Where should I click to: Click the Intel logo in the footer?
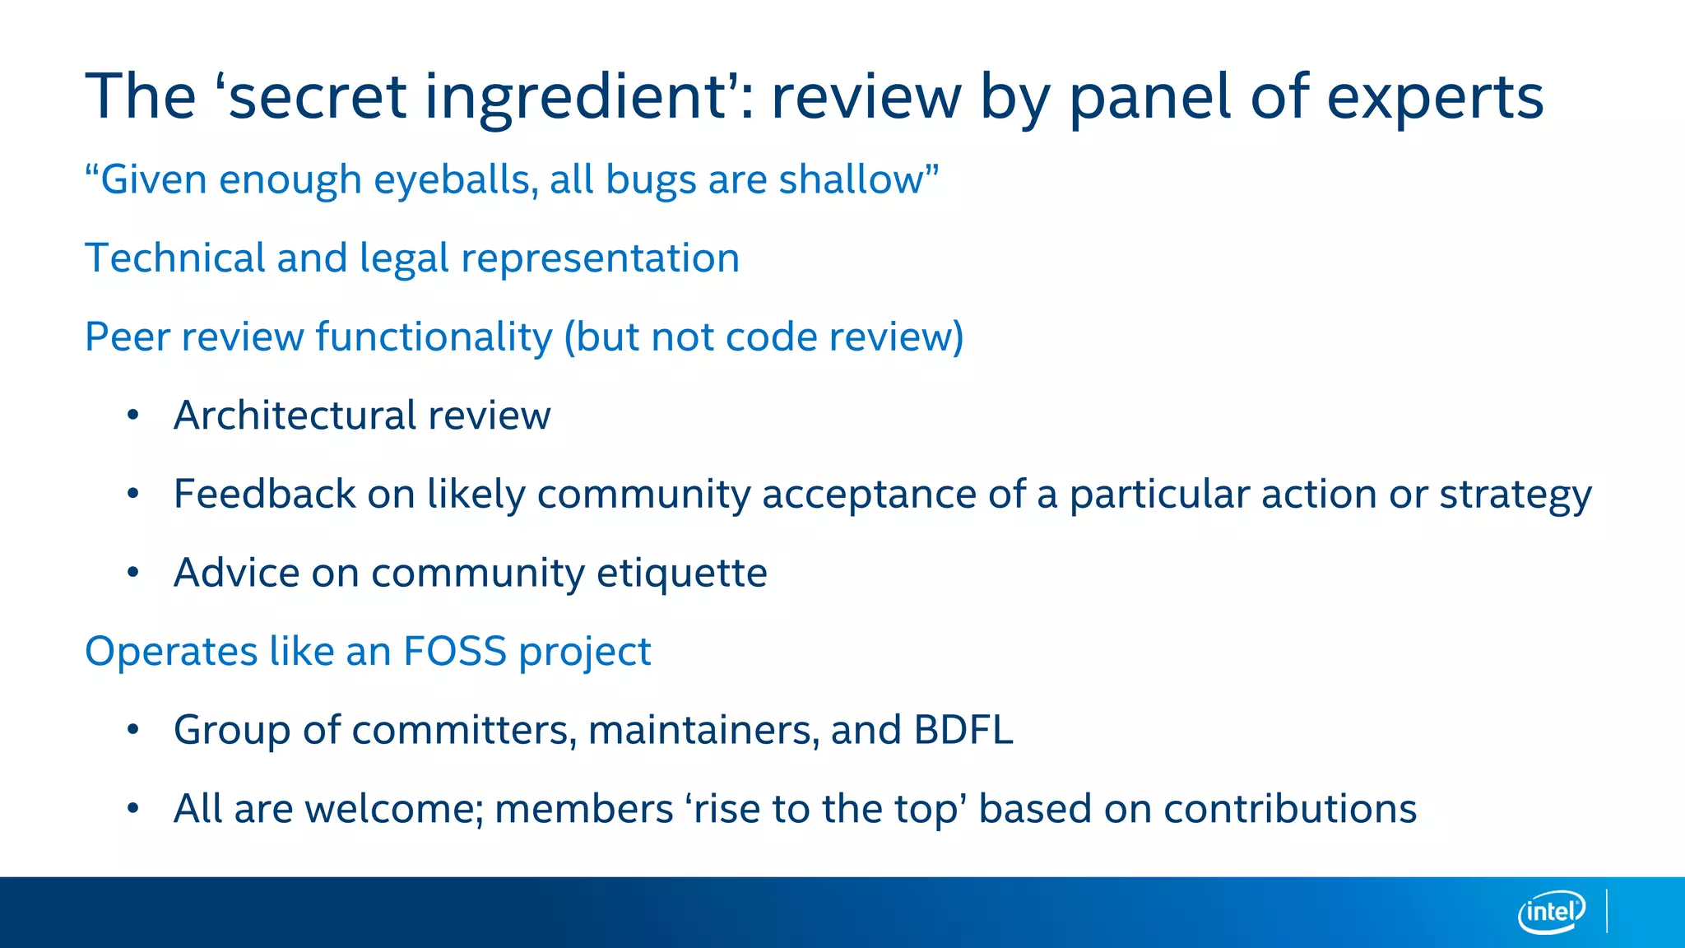click(1551, 912)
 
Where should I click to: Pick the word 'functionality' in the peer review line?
click(434, 337)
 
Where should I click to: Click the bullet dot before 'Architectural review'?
click(133, 415)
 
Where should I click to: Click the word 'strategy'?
click(1515, 495)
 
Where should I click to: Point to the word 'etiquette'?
click(681, 573)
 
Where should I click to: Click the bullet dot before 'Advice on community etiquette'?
click(133, 573)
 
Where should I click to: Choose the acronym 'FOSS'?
click(454, 651)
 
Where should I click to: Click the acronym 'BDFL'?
click(963, 730)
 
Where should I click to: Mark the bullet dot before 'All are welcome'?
click(133, 809)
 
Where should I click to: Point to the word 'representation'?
click(600, 258)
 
